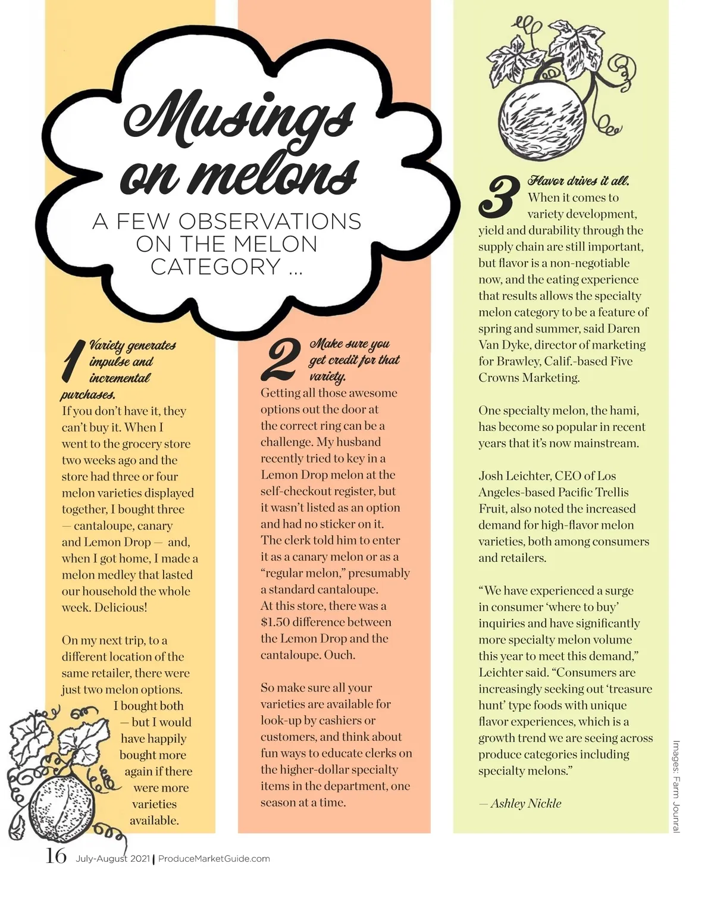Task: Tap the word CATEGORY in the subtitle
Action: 215,267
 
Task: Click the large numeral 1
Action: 72,361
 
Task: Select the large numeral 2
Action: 280,359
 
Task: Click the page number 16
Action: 56,856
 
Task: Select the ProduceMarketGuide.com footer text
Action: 214,859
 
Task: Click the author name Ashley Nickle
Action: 525,803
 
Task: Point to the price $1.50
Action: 276,623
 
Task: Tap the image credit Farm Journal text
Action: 676,786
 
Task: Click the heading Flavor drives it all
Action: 578,181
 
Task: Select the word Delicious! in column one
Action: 121,608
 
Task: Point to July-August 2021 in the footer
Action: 113,859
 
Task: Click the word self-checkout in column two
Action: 296,492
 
